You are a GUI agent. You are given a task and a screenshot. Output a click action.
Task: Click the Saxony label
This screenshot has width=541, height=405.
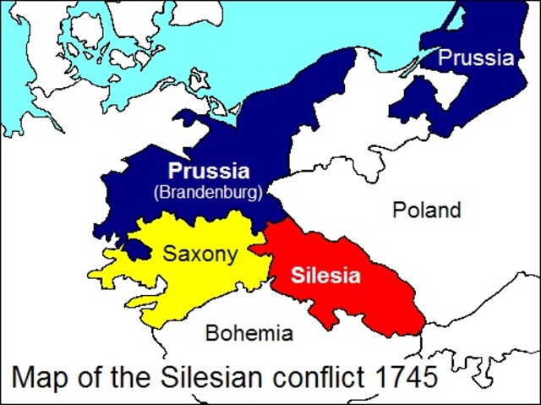tap(200, 254)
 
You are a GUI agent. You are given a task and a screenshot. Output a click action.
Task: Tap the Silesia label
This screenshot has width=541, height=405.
tap(325, 276)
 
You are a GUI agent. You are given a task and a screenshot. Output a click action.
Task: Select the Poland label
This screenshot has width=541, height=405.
tap(426, 210)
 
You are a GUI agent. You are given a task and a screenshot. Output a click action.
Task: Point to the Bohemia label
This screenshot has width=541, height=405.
tap(249, 332)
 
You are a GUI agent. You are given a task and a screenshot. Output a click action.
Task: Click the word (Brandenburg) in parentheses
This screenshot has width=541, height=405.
tap(208, 191)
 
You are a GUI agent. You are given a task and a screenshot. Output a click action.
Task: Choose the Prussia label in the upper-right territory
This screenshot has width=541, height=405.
tap(476, 58)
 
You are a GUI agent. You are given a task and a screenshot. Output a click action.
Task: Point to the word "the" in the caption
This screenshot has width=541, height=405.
tap(131, 376)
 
